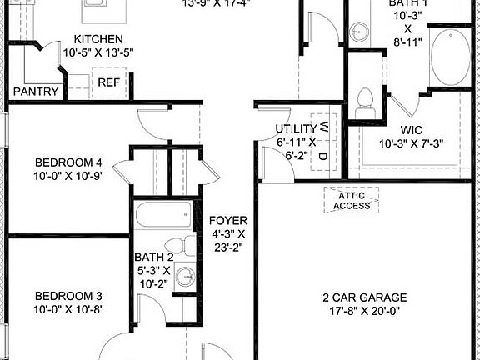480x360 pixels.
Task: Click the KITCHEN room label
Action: pyautogui.click(x=98, y=39)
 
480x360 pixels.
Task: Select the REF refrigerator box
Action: pyautogui.click(x=108, y=82)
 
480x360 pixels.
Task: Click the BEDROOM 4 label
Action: pyautogui.click(x=67, y=162)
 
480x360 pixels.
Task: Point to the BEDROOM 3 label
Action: pyautogui.click(x=67, y=296)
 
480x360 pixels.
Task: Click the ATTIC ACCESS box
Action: pyautogui.click(x=351, y=201)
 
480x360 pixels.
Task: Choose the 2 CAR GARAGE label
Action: pyautogui.click(x=364, y=297)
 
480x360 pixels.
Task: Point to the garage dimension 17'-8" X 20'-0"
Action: pyautogui.click(x=364, y=312)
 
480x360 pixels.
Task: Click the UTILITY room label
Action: pyautogui.click(x=296, y=129)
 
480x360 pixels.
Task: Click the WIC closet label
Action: pyautogui.click(x=412, y=130)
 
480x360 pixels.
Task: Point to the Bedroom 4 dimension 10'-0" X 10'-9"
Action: pyautogui.click(x=67, y=177)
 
